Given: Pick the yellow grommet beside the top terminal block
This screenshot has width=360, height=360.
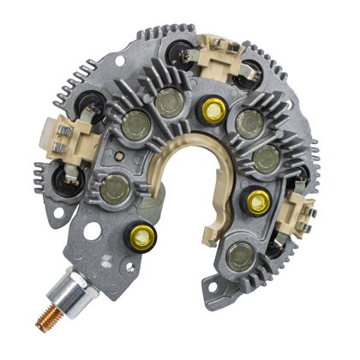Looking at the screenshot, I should point(209,109).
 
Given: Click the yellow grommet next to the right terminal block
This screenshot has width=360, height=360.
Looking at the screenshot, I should point(257,201).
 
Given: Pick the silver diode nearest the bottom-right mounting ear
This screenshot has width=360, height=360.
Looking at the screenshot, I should point(243,255).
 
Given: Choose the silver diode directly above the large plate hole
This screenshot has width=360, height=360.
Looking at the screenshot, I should point(112,189).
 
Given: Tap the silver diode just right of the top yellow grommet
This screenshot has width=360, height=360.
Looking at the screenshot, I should point(249,122).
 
